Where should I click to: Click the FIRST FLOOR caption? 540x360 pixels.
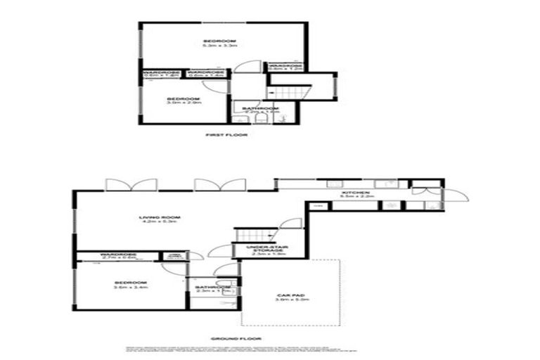[x=226, y=134]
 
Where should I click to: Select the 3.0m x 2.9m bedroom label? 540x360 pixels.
[x=184, y=101]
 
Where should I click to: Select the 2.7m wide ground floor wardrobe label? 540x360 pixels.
[x=118, y=256]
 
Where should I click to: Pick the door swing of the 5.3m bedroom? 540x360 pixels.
[x=246, y=67]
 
